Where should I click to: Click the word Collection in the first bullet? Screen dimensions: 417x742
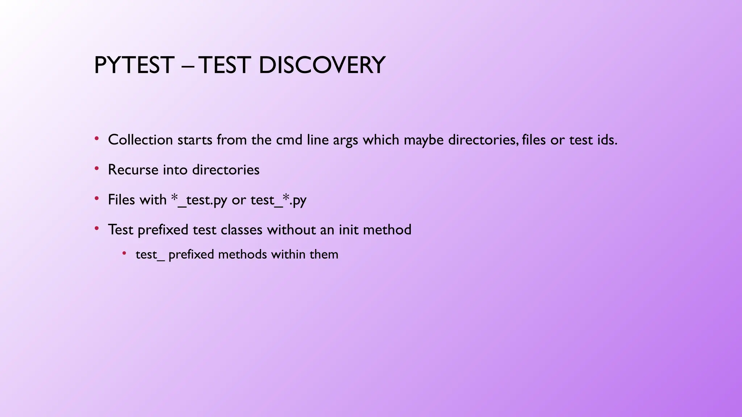[x=140, y=140]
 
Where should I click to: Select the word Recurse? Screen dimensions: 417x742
[x=133, y=170]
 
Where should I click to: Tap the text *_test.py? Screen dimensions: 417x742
[x=199, y=200]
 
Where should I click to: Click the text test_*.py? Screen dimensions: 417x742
[x=278, y=200]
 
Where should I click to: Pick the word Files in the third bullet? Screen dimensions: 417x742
[x=121, y=200]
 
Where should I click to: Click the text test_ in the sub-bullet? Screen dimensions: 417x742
[x=150, y=255]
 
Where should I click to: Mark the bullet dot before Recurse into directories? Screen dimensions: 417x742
[x=96, y=168]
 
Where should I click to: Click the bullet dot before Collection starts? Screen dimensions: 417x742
[x=96, y=138]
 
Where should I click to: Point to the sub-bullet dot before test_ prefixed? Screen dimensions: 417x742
[x=124, y=253]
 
